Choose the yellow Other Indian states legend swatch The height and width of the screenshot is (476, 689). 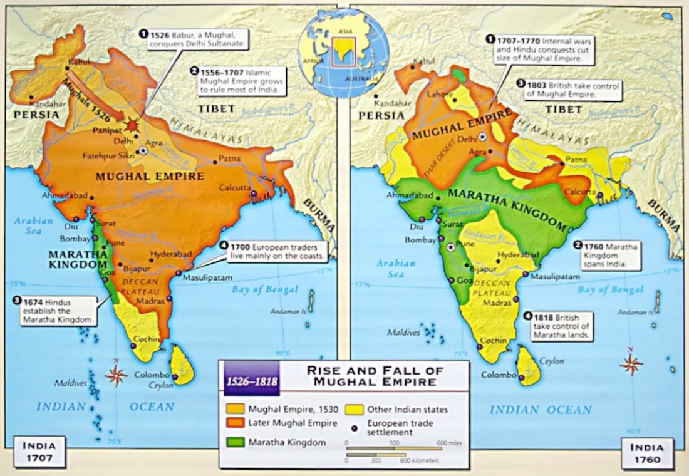pos(353,410)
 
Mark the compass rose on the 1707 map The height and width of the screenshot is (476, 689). pos(116,375)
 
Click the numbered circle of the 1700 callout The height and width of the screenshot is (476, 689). pos(224,247)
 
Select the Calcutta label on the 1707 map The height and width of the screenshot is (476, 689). pos(235,188)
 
